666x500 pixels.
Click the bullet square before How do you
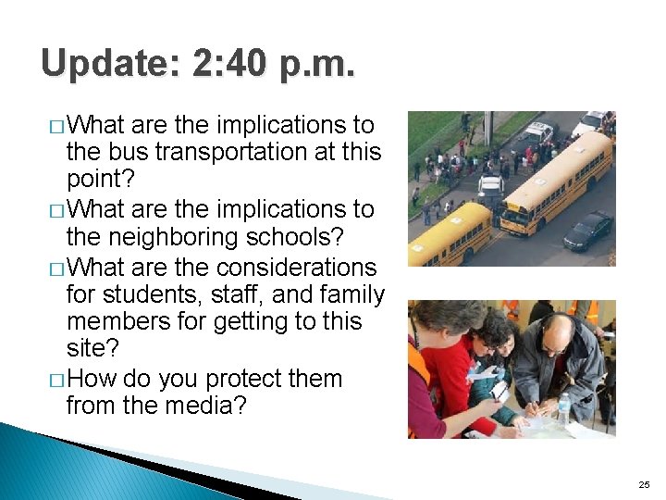coord(57,381)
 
